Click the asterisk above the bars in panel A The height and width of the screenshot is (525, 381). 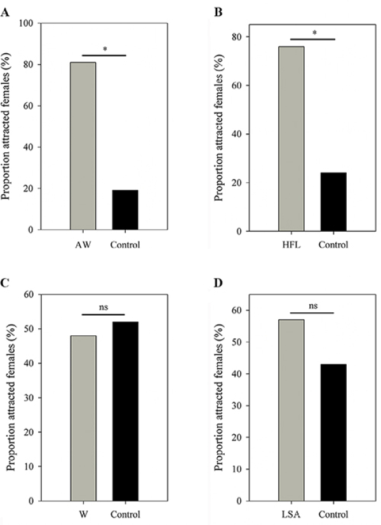coord(104,48)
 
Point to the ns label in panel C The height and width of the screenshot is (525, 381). coord(104,307)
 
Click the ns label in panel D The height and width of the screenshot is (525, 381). coord(312,305)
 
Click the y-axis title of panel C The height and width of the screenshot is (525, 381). coord(10,396)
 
